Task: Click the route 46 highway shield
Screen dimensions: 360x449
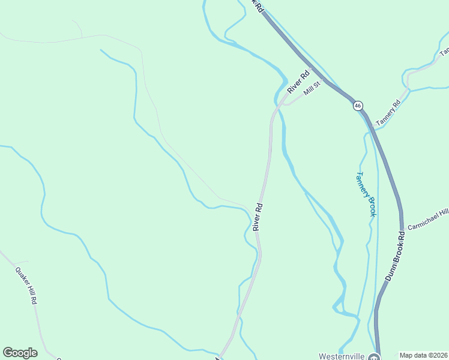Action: point(358,106)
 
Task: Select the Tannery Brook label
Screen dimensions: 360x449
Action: point(366,194)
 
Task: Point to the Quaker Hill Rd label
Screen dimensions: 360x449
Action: point(26,285)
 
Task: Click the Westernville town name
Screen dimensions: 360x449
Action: point(342,355)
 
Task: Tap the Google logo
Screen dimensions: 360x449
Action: point(20,352)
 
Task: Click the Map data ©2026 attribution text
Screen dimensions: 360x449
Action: point(423,355)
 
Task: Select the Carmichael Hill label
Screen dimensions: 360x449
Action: point(428,220)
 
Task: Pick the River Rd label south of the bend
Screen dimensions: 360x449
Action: point(258,217)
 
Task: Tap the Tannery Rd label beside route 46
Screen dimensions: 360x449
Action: point(388,113)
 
